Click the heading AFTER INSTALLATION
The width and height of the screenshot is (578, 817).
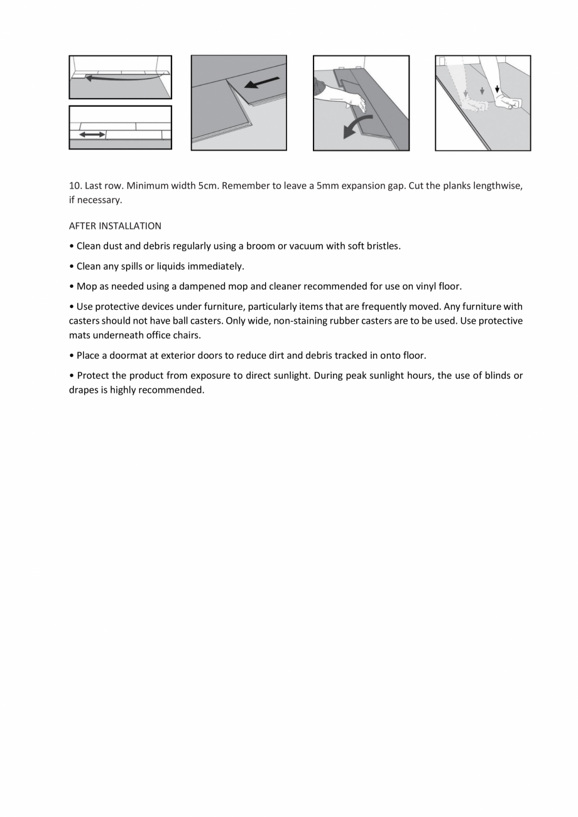click(x=115, y=226)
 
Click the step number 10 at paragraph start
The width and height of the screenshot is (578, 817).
click(x=75, y=186)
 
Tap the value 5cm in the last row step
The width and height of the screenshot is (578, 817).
click(x=208, y=186)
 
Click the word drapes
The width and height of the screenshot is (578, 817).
click(x=84, y=390)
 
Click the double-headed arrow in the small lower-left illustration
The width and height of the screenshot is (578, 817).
click(x=92, y=134)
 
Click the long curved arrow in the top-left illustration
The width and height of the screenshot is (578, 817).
click(x=119, y=78)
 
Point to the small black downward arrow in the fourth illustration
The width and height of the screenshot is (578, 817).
click(x=497, y=89)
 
